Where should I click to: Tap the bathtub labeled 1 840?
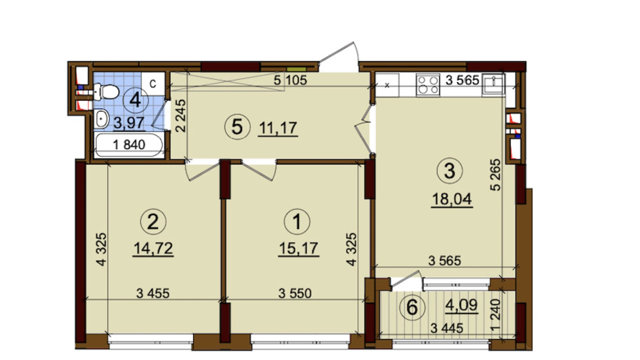129,145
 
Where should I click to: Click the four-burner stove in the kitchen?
428,85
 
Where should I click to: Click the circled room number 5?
237,127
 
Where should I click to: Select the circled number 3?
449,171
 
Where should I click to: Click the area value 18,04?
451,199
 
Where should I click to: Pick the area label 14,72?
153,249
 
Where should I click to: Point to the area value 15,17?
298,249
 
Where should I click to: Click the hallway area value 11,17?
278,128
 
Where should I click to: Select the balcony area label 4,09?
461,305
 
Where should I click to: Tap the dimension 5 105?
290,80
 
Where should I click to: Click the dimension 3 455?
153,294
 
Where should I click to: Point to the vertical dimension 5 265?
495,175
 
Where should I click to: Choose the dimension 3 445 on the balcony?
446,328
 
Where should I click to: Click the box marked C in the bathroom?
153,84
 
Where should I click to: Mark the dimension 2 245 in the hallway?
181,116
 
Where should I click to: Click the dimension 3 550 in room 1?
295,294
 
